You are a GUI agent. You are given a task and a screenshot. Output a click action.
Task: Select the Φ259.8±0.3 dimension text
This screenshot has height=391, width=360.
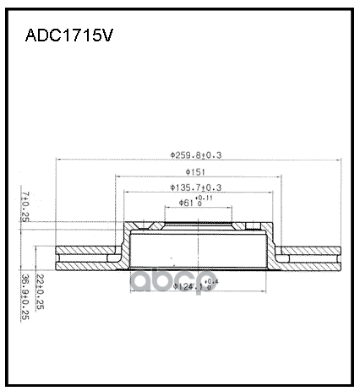tap(201, 155)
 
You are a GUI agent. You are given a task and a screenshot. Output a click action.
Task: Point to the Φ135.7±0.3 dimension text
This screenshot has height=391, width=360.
tap(196, 187)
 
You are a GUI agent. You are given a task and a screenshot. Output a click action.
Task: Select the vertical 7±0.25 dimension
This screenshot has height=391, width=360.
tap(26, 206)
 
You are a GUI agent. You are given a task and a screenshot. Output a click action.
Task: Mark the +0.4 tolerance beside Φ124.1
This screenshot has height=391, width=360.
tap(212, 281)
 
